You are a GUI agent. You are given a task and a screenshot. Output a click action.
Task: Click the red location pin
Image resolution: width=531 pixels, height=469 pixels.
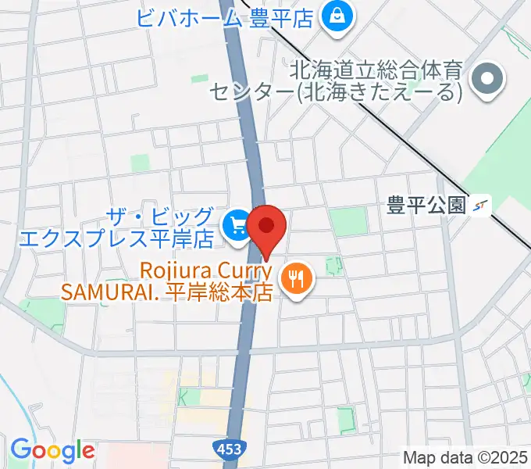tap(266, 227)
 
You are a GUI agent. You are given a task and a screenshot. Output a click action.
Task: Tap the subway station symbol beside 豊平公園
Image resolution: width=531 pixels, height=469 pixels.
tap(482, 206)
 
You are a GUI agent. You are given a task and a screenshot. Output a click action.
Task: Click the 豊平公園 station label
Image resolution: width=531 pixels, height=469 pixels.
tap(426, 206)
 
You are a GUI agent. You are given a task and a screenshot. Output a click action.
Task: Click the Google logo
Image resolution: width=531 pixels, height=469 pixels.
tap(52, 450)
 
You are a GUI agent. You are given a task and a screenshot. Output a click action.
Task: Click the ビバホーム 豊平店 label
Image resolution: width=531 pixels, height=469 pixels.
tap(226, 16)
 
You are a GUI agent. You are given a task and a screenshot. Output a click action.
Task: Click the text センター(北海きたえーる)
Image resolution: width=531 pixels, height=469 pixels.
tap(335, 93)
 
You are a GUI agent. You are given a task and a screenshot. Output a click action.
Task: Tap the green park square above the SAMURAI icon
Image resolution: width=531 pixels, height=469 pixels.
tap(348, 221)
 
